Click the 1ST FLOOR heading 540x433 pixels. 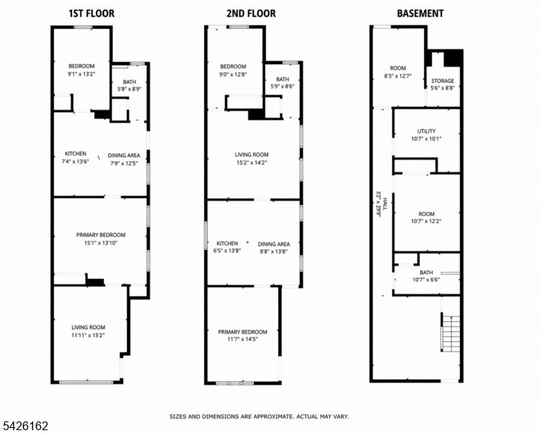92,14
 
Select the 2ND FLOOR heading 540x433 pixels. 251,14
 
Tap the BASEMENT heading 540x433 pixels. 420,14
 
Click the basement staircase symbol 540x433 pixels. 451,332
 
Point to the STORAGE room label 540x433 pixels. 443,81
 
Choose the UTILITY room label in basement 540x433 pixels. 426,131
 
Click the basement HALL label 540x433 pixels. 386,204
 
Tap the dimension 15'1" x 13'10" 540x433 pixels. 101,242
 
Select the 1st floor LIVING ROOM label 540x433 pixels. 88,327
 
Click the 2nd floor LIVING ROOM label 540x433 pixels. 252,154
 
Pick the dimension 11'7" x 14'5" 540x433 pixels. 242,339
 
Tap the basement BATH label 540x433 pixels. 426,272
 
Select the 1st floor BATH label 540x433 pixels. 130,82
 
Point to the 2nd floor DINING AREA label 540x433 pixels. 274,244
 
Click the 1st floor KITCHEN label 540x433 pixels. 76,154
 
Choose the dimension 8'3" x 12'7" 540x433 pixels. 398,76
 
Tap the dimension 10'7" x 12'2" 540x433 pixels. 426,222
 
